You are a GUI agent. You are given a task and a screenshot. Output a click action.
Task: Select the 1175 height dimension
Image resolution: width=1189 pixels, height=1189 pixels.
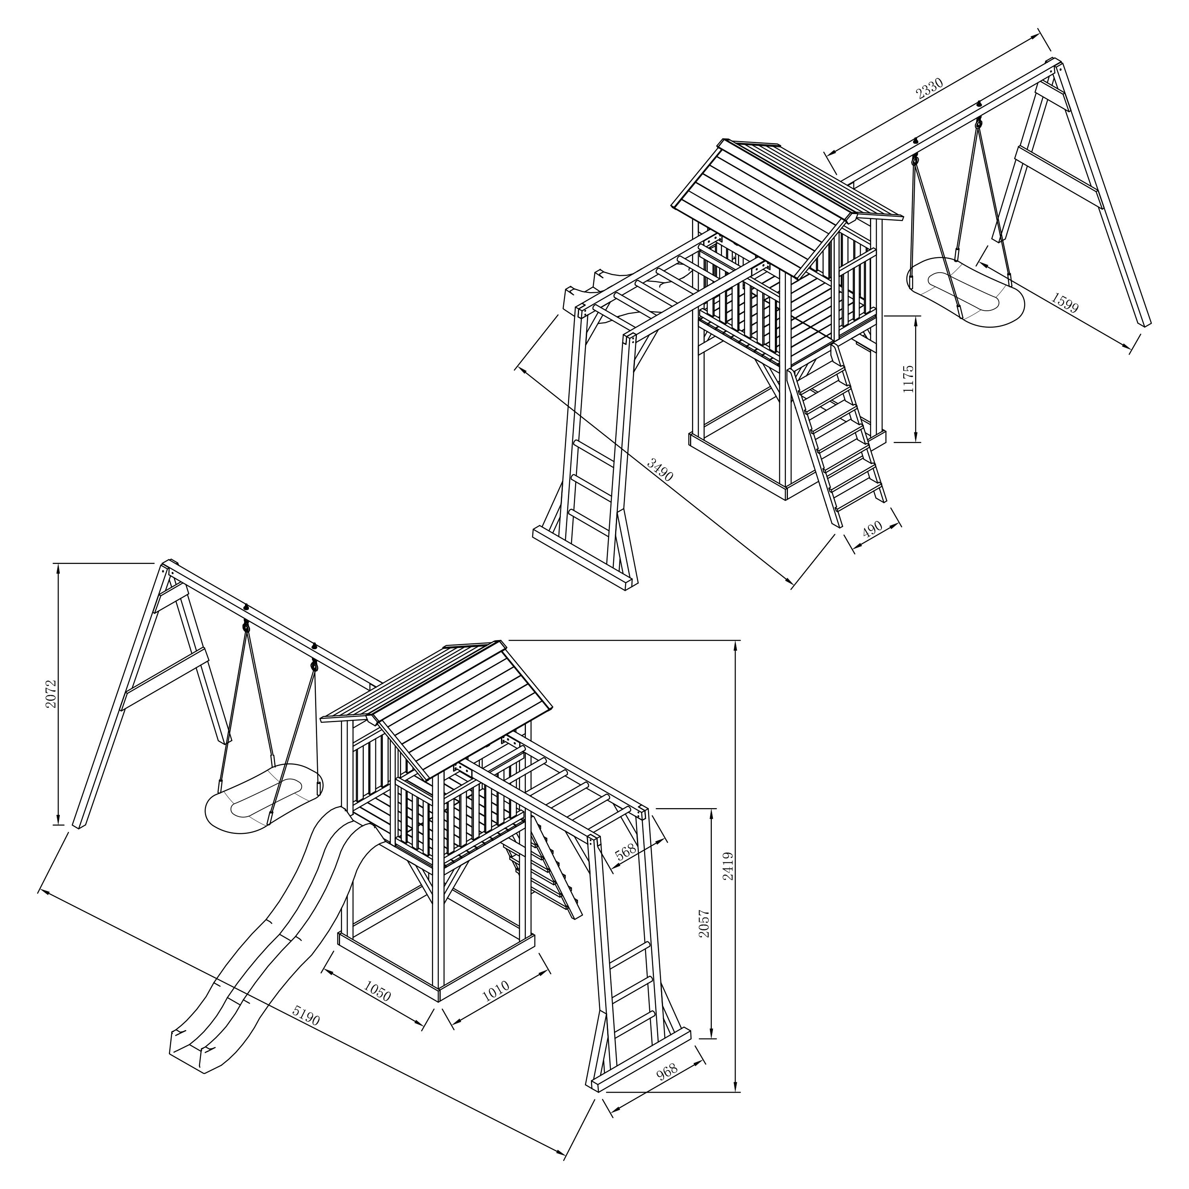(x=908, y=379)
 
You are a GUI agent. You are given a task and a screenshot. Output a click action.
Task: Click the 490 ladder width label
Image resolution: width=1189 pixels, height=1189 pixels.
(x=872, y=529)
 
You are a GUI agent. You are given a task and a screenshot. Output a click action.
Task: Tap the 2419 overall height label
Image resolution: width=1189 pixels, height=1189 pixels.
(x=728, y=865)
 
